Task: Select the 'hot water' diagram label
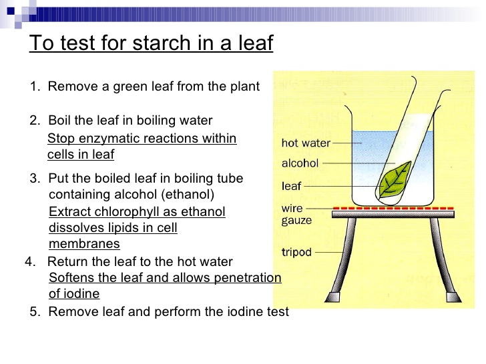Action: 306,143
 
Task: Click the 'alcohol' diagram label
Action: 300,163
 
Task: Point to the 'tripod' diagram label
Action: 296,253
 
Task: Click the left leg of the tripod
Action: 336,260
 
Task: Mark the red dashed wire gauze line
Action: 393,208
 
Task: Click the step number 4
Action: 29,262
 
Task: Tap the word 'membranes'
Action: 84,244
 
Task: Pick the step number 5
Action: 34,311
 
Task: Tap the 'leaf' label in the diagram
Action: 291,187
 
